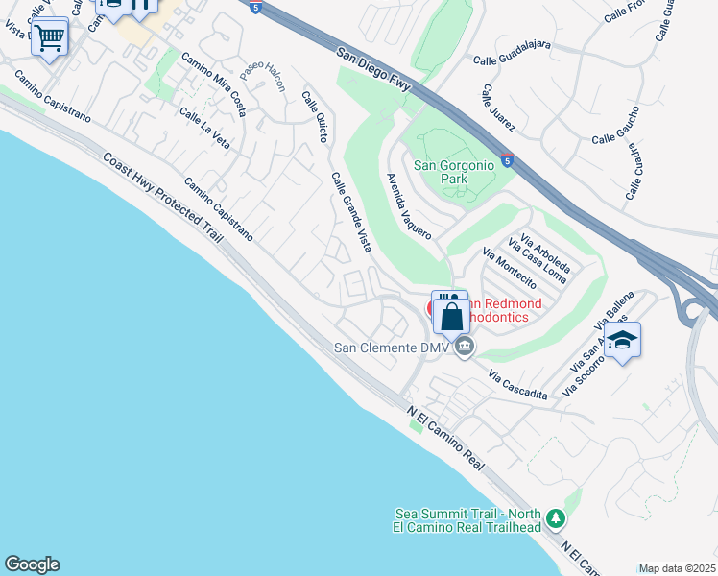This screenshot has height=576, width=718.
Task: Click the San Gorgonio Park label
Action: coord(454,172)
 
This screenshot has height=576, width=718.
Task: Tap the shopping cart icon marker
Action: coord(50,38)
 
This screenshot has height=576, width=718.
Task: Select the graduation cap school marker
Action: coord(622,341)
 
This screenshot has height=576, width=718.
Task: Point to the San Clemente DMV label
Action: coord(392,348)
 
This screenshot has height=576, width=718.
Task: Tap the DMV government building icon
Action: coord(465,347)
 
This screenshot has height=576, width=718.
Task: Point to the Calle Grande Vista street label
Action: coord(351,212)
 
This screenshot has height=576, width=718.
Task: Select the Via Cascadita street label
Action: coord(517,384)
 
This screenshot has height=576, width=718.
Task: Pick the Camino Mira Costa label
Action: coord(214,84)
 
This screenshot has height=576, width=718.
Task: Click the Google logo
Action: coord(32,564)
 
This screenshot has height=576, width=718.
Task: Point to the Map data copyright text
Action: coord(677,568)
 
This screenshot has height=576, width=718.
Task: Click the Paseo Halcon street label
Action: coord(262,76)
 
